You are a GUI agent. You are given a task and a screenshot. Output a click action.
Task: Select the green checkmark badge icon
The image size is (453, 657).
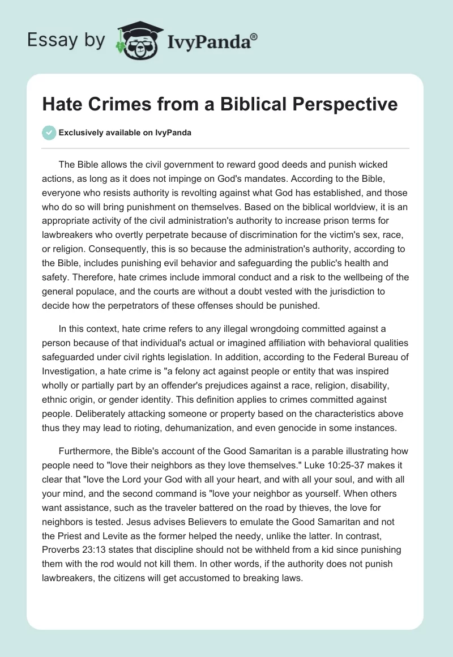[x=49, y=133]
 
